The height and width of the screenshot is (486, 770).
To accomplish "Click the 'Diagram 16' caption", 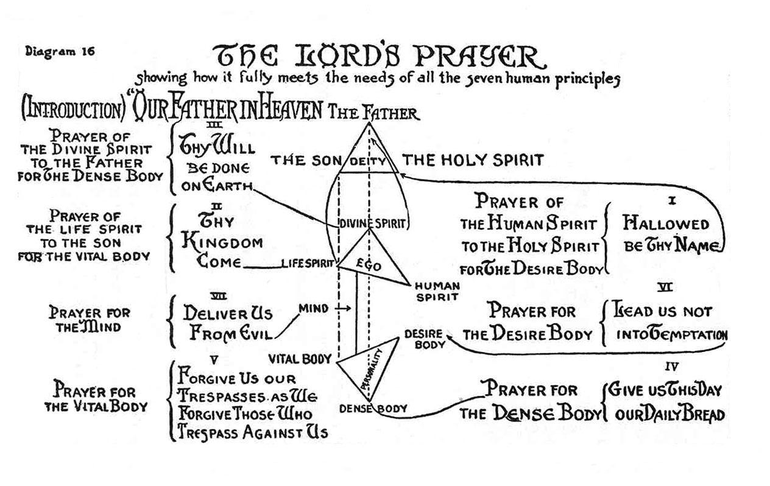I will click(60, 51).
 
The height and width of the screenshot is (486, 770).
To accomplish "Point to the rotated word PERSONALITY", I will click(372, 369).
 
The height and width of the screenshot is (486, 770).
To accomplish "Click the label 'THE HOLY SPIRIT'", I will click(473, 160).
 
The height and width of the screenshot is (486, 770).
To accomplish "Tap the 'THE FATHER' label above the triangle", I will click(373, 113).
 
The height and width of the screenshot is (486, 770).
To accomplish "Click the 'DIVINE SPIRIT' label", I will click(373, 224).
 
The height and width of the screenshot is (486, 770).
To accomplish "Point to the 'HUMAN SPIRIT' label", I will click(437, 292).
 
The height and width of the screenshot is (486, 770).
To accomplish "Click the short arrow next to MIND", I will click(343, 309).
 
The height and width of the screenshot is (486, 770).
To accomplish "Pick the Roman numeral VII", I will click(218, 297).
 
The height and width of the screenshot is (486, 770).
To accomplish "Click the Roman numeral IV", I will click(672, 367).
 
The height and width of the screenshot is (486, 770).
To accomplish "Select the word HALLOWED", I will click(666, 224).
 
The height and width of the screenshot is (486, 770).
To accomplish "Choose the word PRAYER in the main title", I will click(478, 58).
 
